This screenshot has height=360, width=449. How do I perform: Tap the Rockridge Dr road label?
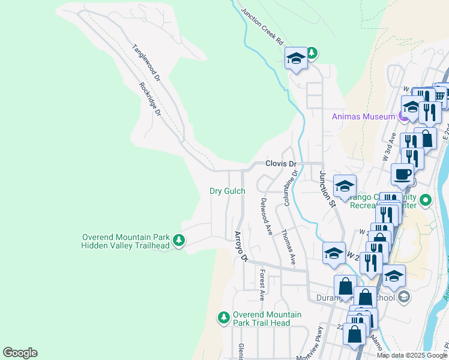[151, 100]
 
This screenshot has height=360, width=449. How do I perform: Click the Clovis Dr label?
[282, 164]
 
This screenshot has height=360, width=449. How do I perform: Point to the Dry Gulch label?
[227, 191]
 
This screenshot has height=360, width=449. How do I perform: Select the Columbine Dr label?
[291, 188]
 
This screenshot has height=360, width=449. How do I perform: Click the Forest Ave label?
[262, 284]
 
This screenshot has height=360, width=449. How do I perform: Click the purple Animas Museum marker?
[402, 116]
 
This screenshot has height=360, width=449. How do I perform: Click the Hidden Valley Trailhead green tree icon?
[178, 241]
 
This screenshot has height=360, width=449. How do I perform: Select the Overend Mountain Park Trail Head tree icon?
[224, 317]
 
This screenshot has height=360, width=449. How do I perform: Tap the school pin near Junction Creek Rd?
[295, 58]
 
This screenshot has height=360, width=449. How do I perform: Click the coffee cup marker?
[403, 174]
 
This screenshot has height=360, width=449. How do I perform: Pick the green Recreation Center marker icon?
[426, 200]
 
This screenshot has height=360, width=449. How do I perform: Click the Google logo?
[20, 353]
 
